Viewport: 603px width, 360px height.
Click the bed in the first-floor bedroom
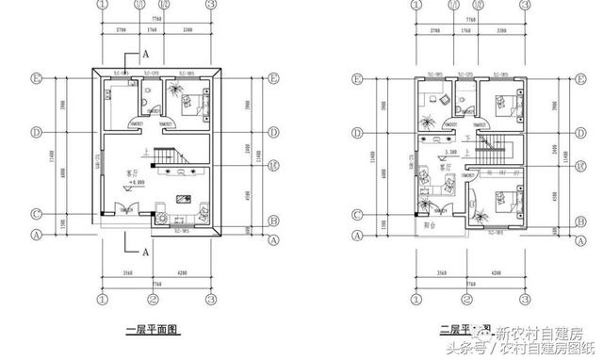(195, 102)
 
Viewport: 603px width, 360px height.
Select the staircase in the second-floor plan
(494, 147)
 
